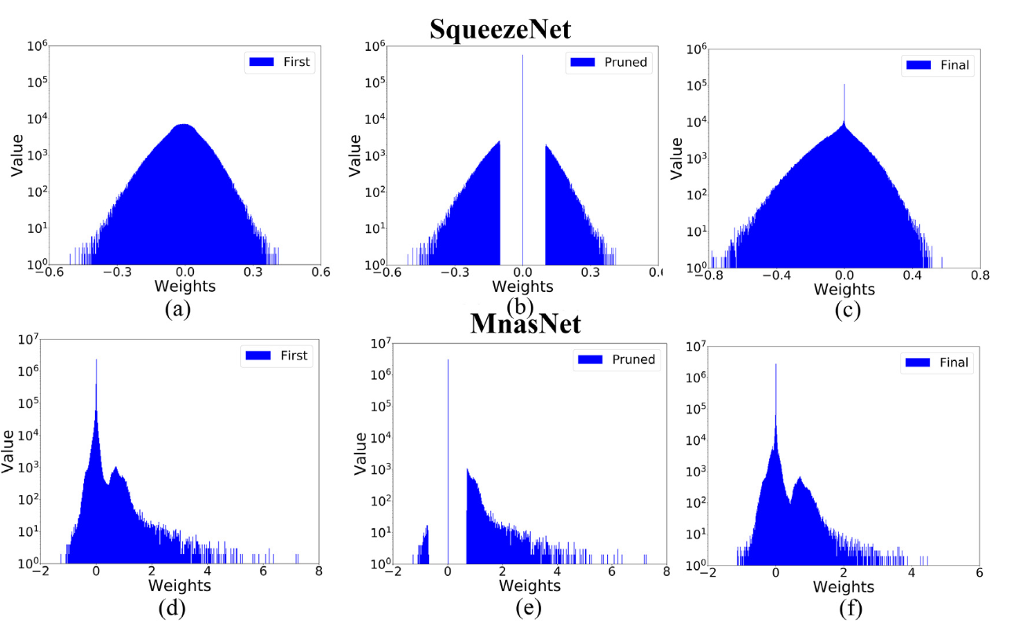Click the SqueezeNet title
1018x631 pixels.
500,30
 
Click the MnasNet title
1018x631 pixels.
525,323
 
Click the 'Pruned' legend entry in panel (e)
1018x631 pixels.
617,359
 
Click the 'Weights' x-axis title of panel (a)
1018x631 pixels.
185,286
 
